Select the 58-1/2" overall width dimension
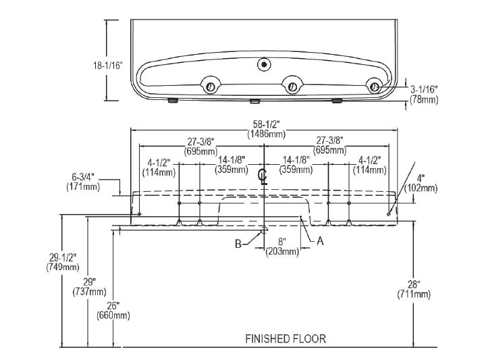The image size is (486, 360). click(264, 128)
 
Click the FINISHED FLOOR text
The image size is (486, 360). click(286, 338)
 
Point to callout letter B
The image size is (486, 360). click(238, 244)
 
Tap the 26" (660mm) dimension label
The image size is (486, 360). click(113, 309)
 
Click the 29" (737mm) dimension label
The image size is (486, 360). click(90, 286)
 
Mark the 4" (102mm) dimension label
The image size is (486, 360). click(425, 184)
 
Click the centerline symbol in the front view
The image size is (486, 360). click(264, 177)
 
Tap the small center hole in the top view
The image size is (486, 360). click(263, 65)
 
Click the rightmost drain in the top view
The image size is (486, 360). click(373, 86)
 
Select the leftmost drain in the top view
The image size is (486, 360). click(210, 86)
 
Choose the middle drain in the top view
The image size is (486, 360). click(292, 86)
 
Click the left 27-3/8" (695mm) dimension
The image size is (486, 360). click(200, 146)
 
